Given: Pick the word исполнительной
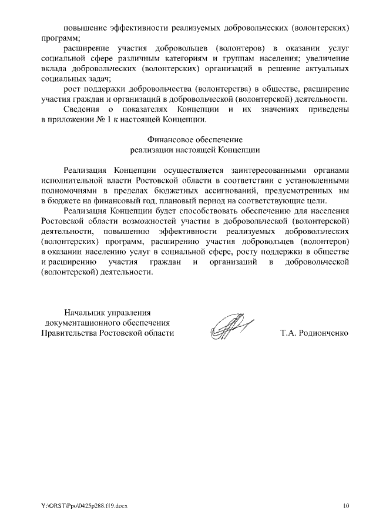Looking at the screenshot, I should click(70, 180).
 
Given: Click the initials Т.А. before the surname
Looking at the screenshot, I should click(290, 333).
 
